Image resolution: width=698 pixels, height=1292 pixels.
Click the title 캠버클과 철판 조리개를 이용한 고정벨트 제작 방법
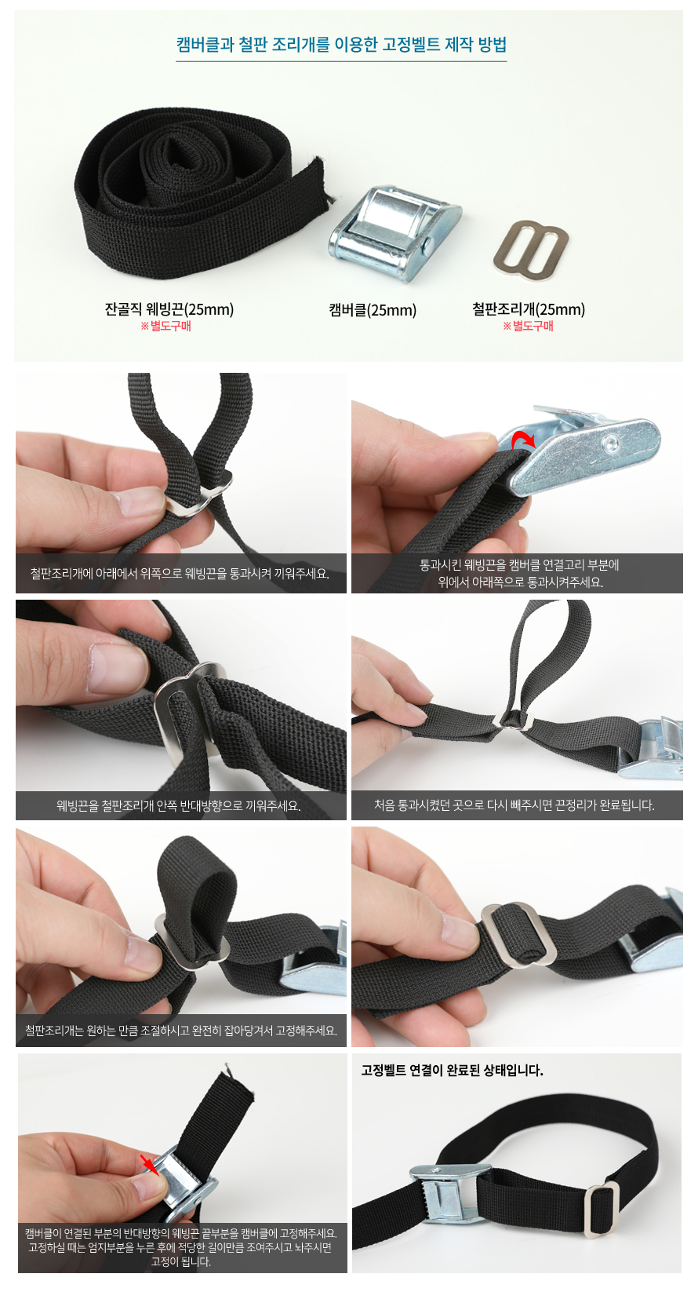click(x=341, y=45)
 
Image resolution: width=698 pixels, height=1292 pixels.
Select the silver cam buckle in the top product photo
click(x=395, y=233)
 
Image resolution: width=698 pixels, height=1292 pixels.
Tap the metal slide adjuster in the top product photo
click(x=531, y=249)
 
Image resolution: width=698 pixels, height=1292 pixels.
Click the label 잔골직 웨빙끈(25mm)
click(x=169, y=309)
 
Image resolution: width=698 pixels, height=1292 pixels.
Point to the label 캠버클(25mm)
click(x=373, y=310)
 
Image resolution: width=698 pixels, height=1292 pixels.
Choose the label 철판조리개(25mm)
click(x=529, y=309)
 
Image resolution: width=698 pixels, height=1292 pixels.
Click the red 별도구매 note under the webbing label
click(x=166, y=326)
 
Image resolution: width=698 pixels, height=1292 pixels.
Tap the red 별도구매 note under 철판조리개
click(x=528, y=326)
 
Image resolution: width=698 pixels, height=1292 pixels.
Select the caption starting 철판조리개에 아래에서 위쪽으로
click(x=180, y=573)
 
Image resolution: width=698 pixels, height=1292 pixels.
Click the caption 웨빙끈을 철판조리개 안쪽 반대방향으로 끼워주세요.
click(x=179, y=805)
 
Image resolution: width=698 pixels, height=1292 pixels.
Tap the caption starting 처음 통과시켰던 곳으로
click(x=514, y=805)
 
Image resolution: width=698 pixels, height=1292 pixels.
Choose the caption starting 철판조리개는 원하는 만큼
click(x=181, y=1030)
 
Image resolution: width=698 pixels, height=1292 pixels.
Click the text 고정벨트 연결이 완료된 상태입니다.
click(x=452, y=1071)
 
